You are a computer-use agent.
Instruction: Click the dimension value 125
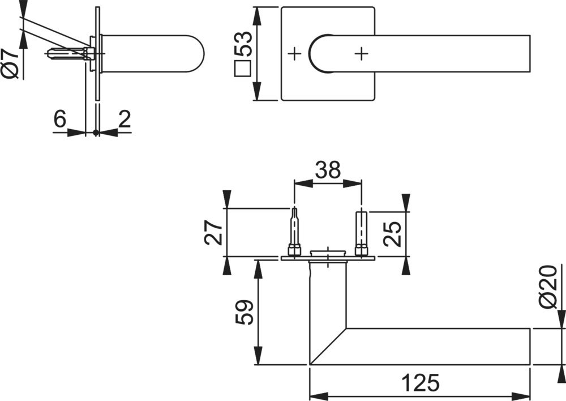[419, 383]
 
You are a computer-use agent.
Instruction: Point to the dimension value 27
[213, 232]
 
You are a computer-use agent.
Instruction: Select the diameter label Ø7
[10, 63]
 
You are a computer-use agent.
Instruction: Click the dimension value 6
[60, 119]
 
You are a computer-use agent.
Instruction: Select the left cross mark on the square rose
[294, 54]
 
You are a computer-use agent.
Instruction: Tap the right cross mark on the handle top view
[361, 54]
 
